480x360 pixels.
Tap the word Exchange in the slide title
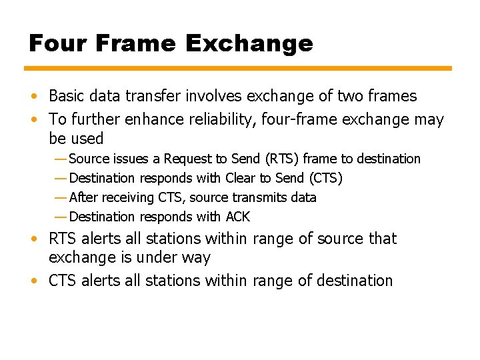(x=249, y=43)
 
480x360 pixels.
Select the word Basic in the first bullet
(x=67, y=96)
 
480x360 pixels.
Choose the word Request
(x=188, y=159)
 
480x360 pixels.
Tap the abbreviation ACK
(x=237, y=217)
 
